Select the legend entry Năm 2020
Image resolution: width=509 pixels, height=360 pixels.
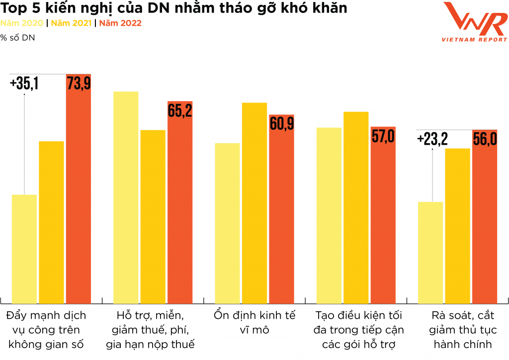(22, 23)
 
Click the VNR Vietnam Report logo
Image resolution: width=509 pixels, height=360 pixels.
(474, 22)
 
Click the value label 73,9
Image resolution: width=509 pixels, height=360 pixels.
(79, 84)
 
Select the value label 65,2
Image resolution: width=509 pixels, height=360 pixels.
(179, 110)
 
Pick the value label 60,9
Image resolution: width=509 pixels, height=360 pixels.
(281, 123)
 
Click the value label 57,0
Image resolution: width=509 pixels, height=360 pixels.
(383, 136)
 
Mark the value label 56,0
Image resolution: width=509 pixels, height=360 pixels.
(485, 139)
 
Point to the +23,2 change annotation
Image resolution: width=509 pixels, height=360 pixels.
(432, 139)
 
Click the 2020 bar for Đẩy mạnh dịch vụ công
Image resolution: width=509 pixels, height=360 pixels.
(24, 249)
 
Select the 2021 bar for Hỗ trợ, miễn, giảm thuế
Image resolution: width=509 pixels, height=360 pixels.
(153, 216)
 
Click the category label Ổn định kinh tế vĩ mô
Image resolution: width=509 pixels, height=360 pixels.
(254, 322)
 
